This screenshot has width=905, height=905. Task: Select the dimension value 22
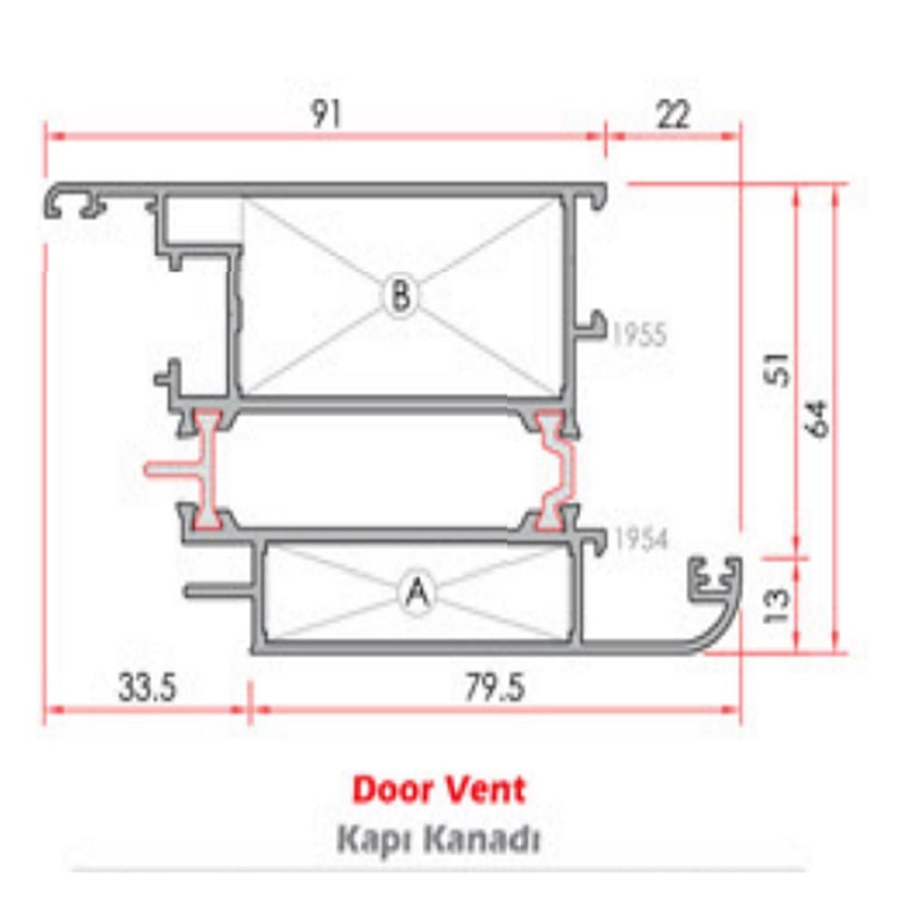(672, 115)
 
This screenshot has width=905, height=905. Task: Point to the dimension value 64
(816, 417)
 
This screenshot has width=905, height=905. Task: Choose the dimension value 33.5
(146, 688)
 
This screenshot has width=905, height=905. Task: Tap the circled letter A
(416, 593)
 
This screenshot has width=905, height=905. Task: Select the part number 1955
(639, 336)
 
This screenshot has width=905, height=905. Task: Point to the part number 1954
(639, 539)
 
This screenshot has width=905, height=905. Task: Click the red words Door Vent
(438, 789)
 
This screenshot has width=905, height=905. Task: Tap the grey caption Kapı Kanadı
(438, 840)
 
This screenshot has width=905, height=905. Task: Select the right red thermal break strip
(555, 470)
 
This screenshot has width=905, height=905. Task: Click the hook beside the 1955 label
(594, 324)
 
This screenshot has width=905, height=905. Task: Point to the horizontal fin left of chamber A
(217, 592)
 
